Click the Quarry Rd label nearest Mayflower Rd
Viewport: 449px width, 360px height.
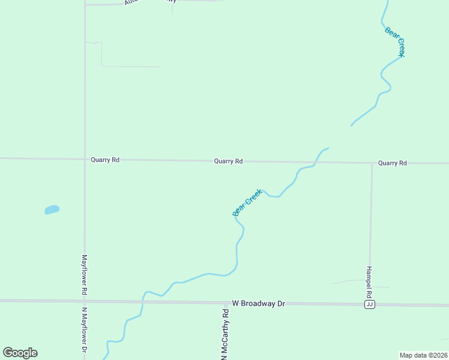(105, 160)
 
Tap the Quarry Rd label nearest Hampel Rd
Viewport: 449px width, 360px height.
(393, 163)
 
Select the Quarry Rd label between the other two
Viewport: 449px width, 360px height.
(228, 161)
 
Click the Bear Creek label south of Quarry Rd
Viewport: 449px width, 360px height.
(247, 202)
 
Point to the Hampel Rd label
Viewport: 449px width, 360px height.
(370, 283)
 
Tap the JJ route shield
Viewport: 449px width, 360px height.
(370, 305)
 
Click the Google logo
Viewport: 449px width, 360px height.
(20, 353)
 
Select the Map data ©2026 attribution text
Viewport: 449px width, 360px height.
(423, 355)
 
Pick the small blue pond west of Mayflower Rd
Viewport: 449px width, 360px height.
(52, 209)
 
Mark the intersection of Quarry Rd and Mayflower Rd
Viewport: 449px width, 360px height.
(85, 160)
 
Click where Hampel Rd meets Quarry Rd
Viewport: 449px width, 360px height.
(372, 163)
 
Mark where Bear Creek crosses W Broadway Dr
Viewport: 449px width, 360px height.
(143, 301)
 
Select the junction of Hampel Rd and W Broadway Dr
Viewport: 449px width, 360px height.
(369, 304)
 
